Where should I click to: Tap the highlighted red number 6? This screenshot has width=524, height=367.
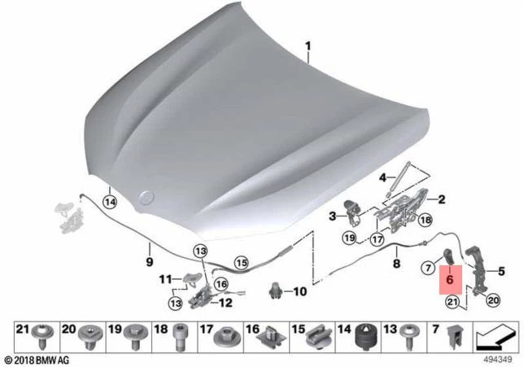pyautogui.click(x=450, y=279)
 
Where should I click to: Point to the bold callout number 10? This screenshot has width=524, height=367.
pyautogui.click(x=300, y=292)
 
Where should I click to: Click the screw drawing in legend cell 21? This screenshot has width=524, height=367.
pyautogui.click(x=41, y=339)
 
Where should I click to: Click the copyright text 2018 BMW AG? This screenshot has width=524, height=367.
pyautogui.click(x=35, y=360)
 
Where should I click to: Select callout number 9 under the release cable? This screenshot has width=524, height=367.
pyautogui.click(x=149, y=262)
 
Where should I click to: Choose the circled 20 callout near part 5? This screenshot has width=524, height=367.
pyautogui.click(x=492, y=299)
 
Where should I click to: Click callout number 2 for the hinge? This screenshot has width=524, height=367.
pyautogui.click(x=441, y=199)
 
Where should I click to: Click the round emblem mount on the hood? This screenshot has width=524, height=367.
pyautogui.click(x=146, y=197)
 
